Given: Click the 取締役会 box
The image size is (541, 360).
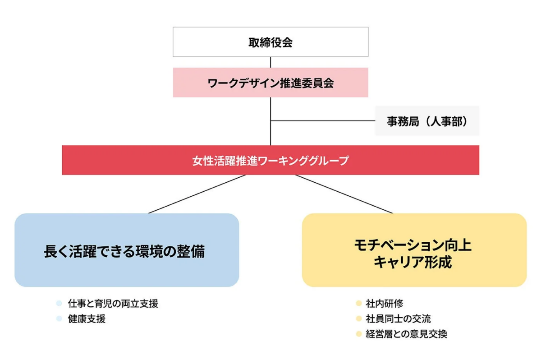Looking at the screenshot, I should (x=270, y=42).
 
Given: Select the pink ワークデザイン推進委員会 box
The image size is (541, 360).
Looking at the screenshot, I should (x=270, y=83).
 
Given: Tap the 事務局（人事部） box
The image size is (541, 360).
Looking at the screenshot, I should (x=426, y=121).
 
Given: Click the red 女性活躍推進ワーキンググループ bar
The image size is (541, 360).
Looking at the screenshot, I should (x=270, y=160).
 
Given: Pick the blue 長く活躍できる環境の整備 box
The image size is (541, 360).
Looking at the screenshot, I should (x=127, y=250).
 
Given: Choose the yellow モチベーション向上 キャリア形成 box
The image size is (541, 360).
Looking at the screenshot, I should (x=414, y=250).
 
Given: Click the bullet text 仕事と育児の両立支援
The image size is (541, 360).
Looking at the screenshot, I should (x=113, y=304).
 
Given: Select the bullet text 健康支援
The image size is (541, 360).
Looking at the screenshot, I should (x=87, y=319).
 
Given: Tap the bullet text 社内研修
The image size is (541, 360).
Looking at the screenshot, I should (x=381, y=304).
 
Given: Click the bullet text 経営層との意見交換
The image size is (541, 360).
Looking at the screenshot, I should (x=406, y=334).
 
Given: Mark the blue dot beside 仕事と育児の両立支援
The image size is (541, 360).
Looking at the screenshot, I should (x=59, y=304).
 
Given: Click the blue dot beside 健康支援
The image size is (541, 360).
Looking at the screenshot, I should (x=59, y=319).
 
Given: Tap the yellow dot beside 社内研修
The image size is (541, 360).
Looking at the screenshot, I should (x=358, y=304).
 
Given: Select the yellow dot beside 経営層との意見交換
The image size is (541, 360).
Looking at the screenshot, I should (x=358, y=334).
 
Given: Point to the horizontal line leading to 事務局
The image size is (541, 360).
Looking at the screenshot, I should (x=322, y=121).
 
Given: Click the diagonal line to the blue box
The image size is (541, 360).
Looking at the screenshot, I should (x=197, y=194).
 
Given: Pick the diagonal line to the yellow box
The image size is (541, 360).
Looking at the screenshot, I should (x=344, y=194).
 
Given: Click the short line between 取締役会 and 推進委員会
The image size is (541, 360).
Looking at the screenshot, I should (x=270, y=62).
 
